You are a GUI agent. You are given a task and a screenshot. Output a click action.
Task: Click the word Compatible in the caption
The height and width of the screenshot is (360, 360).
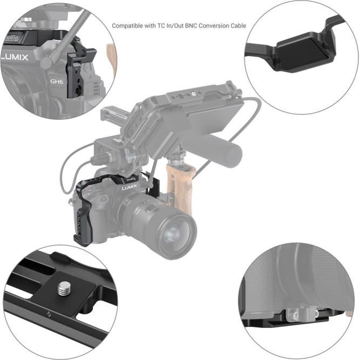coord(127,26)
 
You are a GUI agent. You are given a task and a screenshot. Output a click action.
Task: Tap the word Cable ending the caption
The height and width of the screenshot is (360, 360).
coord(237,26)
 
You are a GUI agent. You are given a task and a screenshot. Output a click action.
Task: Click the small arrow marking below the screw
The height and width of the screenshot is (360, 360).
coord(48,314)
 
